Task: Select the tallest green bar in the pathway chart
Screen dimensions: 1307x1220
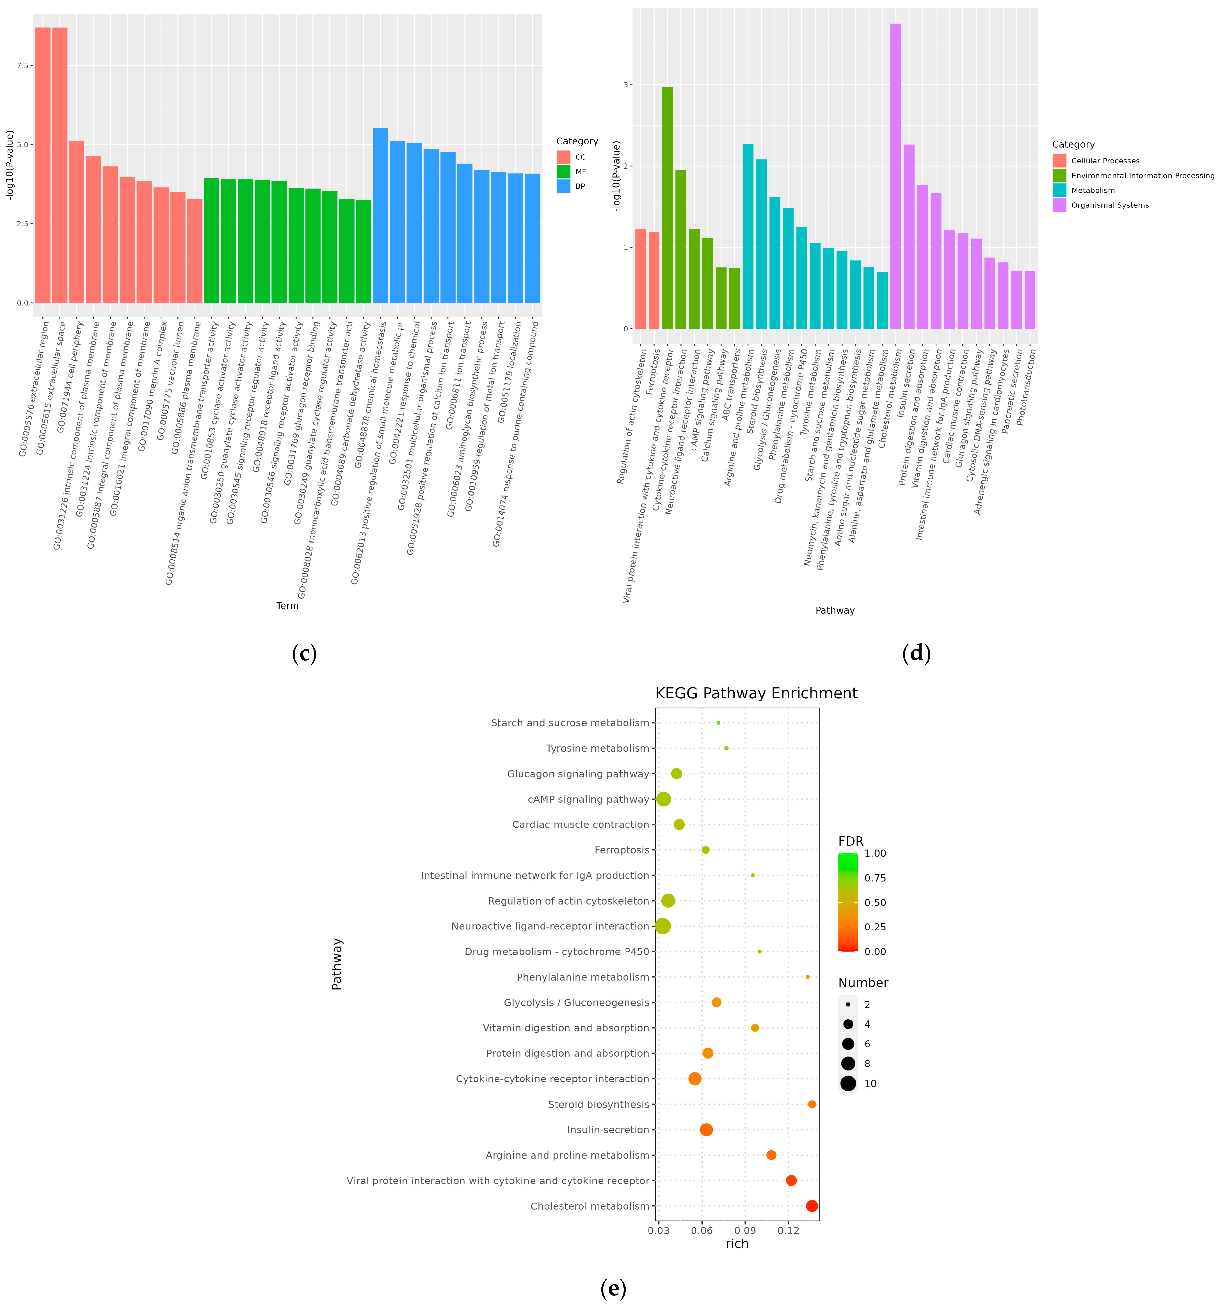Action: (x=667, y=207)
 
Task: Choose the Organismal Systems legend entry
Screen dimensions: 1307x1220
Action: (x=1109, y=205)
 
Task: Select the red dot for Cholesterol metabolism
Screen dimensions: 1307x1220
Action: (x=812, y=1206)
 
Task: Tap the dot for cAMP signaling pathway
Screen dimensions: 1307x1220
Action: (x=664, y=799)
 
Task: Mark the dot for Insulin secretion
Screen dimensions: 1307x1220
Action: (x=706, y=1130)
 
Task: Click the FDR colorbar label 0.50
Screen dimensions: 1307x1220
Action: (x=875, y=903)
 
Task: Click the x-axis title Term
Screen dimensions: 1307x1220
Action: (x=287, y=605)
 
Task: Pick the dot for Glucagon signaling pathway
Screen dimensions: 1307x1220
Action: (x=676, y=774)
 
